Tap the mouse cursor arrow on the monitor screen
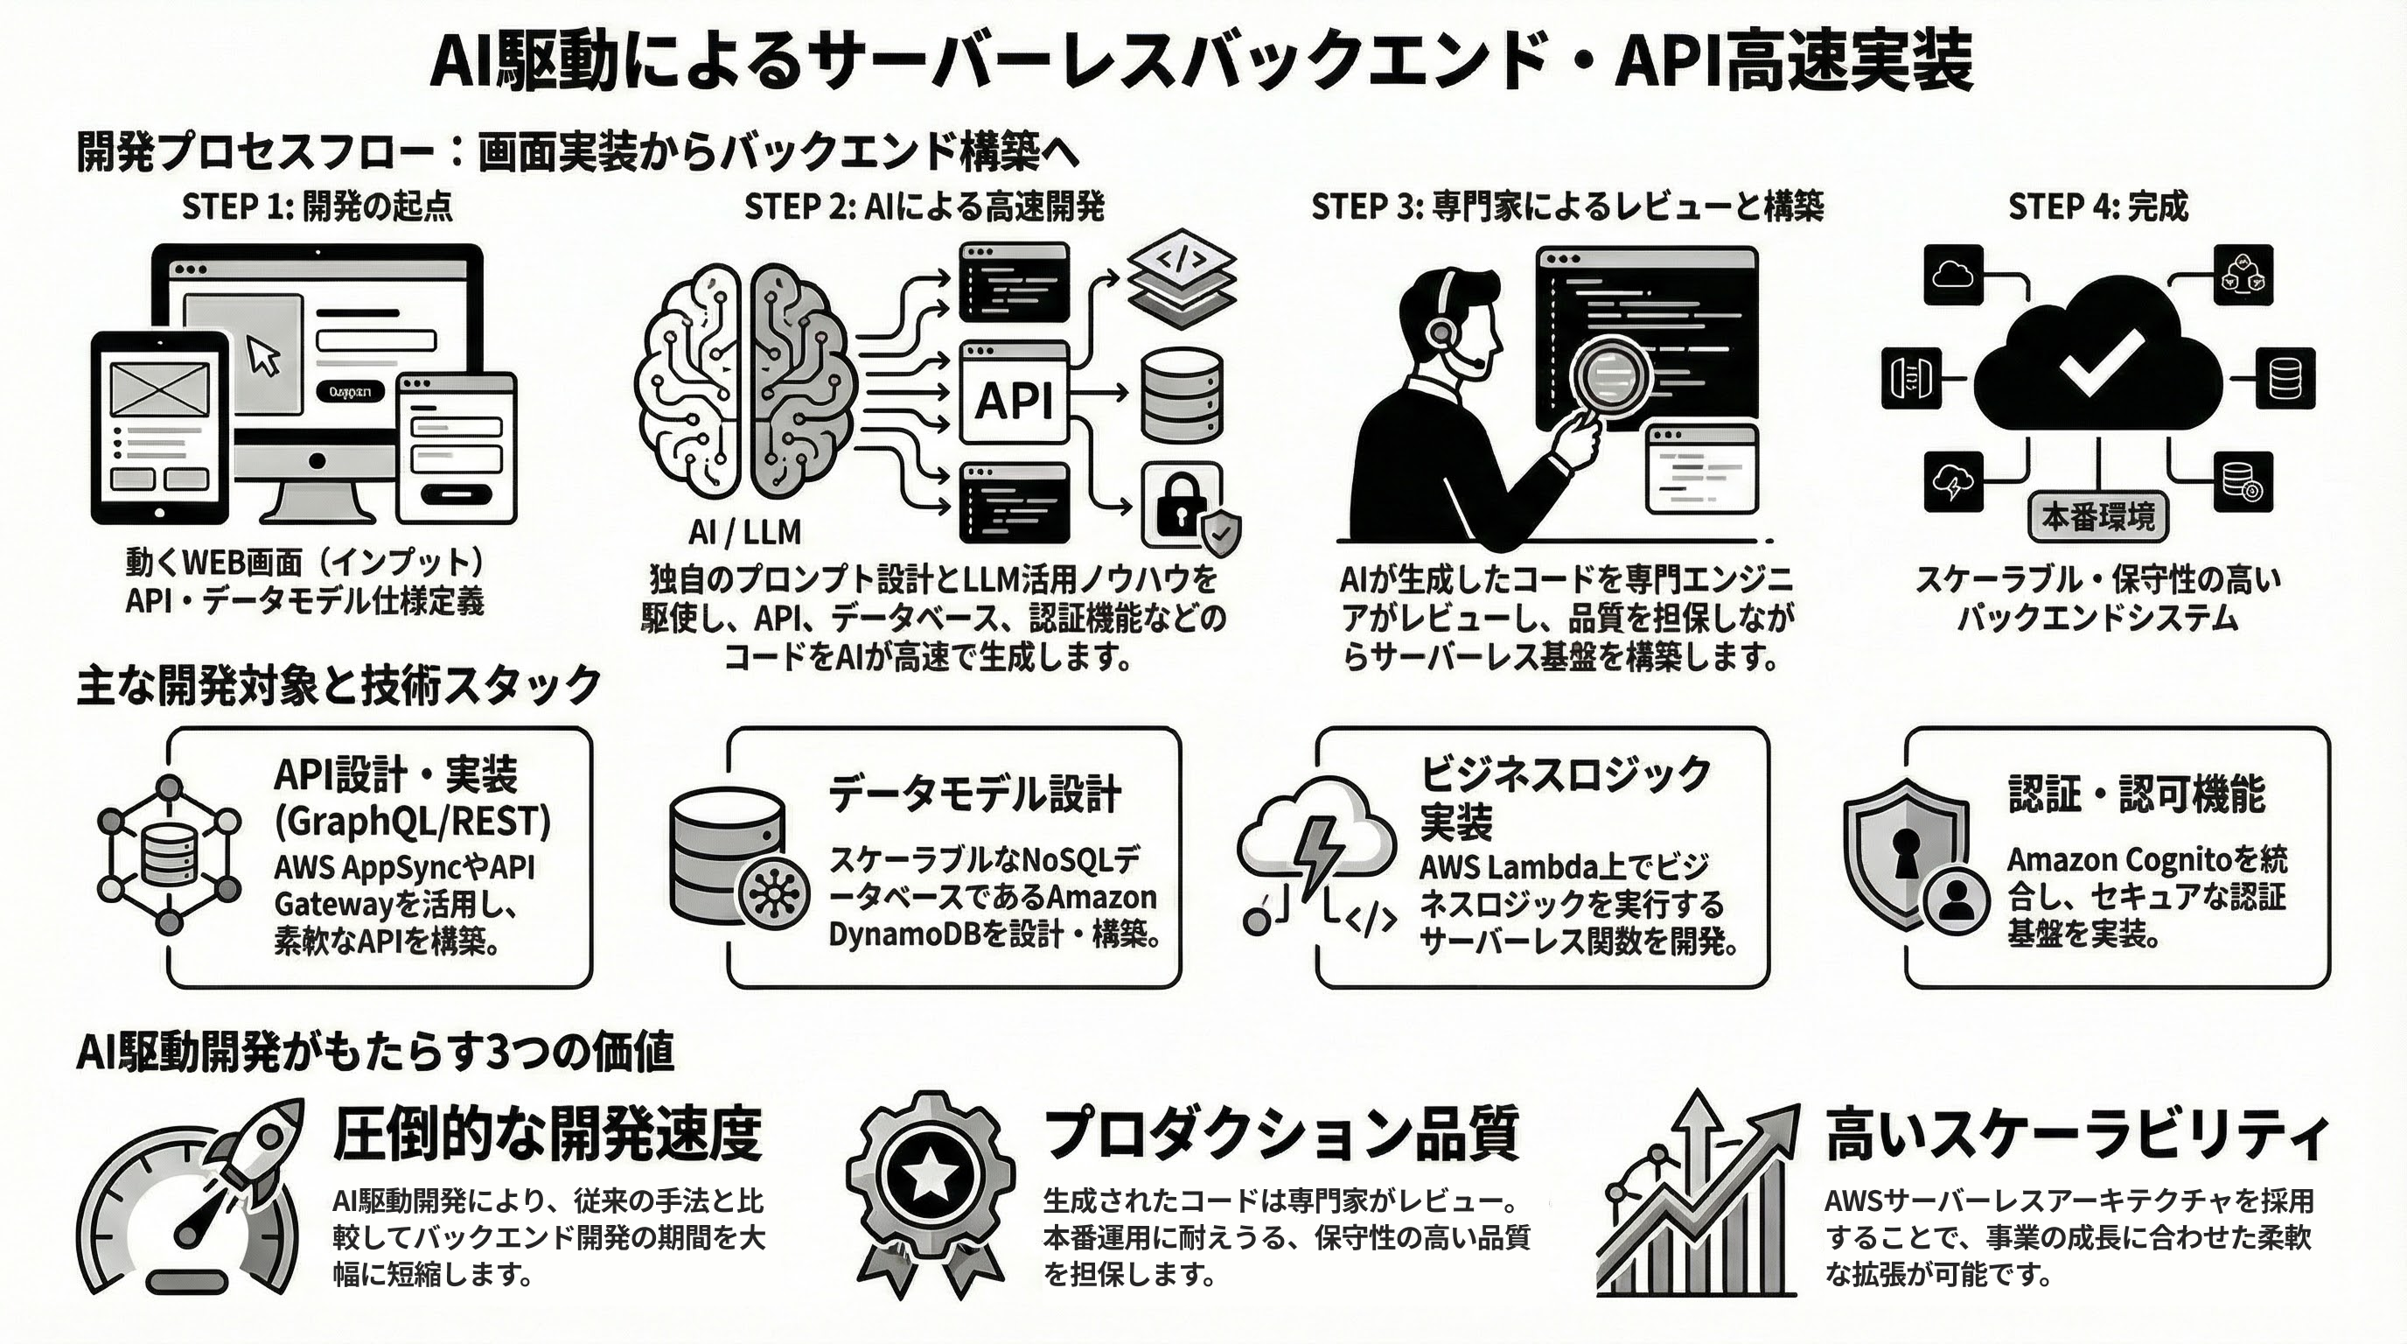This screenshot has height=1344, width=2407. pos(262,356)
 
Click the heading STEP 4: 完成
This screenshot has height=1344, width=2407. pos(2097,206)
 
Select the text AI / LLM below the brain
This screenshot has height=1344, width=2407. pos(744,533)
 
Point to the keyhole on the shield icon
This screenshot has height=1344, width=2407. pos(1906,850)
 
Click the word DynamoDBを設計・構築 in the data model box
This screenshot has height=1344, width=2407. pos(994,934)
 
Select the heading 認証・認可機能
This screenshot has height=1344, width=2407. pos(2136,794)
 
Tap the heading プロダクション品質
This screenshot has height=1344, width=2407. pos(1281,1133)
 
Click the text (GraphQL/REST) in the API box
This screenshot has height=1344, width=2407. pos(412,821)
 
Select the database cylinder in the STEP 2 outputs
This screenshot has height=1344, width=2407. pos(1182,395)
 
